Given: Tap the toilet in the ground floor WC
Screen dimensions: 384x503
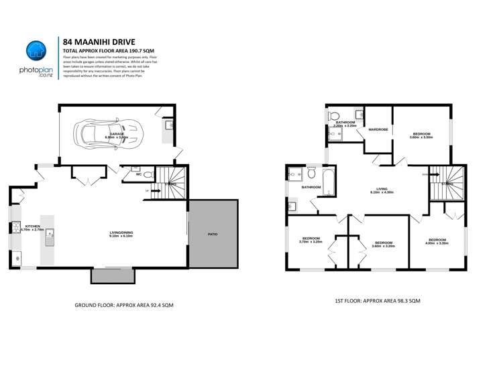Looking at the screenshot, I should [136, 170].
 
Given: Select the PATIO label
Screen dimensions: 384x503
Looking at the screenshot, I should [212, 234].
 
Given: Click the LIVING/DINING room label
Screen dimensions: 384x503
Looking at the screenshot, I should [121, 234].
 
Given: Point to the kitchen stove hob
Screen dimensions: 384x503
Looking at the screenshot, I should [14, 228].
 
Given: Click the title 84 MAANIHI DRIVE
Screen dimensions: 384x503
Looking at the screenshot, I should [97, 41].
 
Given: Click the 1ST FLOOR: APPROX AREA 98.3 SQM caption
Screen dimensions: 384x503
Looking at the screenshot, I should [378, 301].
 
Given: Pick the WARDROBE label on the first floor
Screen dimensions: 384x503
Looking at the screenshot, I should [378, 129].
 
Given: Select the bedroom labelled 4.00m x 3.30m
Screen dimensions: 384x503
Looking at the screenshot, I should [437, 241].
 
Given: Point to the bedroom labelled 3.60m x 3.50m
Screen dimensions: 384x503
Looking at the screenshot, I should [421, 135].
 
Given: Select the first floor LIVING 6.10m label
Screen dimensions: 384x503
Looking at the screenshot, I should [382, 190].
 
